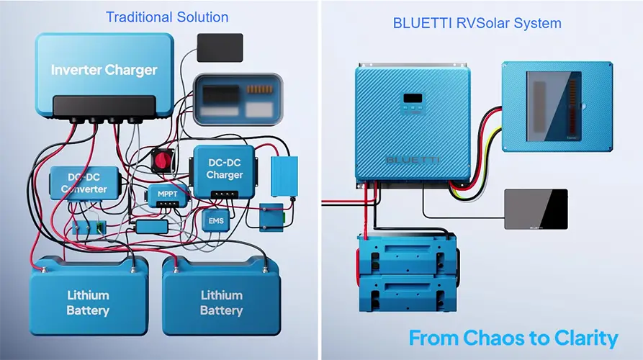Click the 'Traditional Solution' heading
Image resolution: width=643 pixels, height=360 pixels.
click(167, 17)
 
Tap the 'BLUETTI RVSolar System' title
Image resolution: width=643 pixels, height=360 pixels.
click(477, 23)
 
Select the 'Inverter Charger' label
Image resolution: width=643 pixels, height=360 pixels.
click(104, 70)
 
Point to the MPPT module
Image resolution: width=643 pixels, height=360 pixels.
click(167, 194)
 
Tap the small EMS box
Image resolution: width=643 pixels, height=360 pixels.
click(216, 220)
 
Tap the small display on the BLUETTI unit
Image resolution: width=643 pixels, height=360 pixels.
click(412, 98)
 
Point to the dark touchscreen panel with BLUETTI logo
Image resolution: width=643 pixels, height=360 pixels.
click(535, 209)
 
